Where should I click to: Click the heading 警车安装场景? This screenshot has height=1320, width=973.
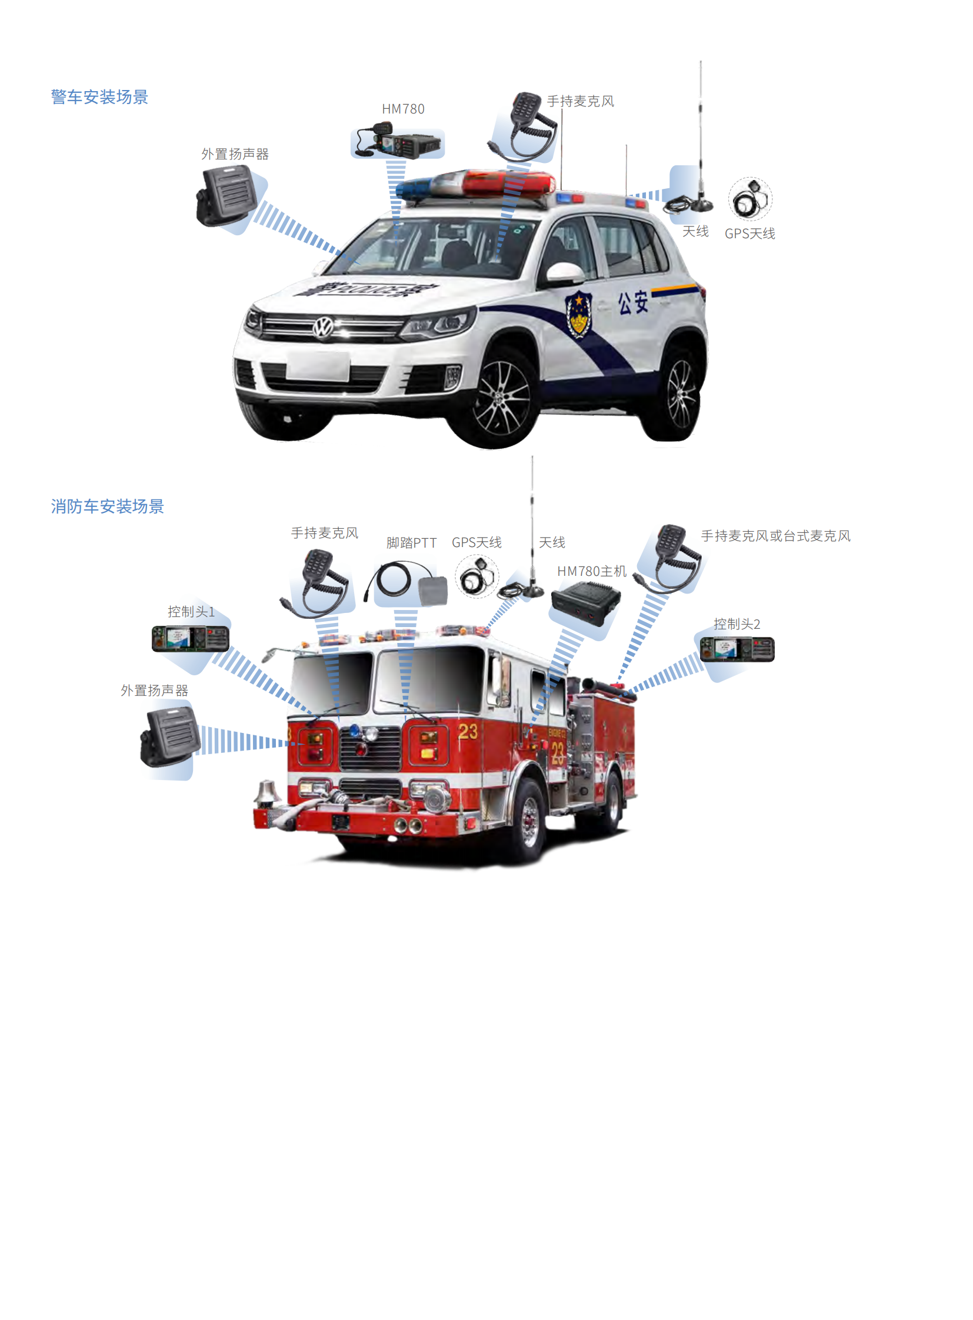[99, 97]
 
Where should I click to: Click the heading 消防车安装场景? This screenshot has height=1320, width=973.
[107, 506]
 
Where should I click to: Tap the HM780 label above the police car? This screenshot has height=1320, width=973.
[403, 109]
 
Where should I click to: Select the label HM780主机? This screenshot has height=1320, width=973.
[591, 571]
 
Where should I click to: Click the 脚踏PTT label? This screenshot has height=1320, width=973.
[411, 542]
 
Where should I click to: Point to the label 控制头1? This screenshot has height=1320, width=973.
[191, 612]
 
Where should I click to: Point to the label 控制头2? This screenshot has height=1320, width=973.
[737, 624]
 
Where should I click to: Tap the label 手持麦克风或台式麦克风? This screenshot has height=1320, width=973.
[776, 536]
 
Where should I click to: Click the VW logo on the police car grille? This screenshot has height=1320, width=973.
[324, 327]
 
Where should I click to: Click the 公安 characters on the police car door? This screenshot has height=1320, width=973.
[633, 302]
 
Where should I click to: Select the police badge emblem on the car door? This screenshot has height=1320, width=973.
[578, 315]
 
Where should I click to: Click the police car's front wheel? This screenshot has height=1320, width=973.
[502, 398]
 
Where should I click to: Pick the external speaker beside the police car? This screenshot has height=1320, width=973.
[226, 196]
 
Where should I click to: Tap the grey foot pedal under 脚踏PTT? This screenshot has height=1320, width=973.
[433, 591]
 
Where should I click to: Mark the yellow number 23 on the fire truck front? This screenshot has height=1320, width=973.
[468, 732]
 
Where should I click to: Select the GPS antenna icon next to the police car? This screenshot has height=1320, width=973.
[750, 199]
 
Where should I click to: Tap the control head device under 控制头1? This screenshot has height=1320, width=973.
[190, 639]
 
